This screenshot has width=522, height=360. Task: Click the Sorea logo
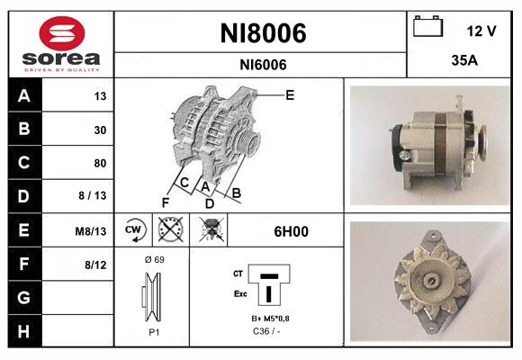coord(60,44)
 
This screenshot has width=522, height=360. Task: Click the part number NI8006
coord(263,33)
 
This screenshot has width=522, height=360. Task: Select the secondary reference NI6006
coord(263,64)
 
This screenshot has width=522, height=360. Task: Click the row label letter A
coord(23,96)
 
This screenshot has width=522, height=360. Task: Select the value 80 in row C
coord(100,163)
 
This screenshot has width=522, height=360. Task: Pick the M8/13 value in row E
coord(92,231)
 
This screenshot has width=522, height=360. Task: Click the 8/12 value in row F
coord(95,265)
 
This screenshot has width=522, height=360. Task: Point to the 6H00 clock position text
coord(291,231)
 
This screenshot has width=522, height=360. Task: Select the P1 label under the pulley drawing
coord(153,331)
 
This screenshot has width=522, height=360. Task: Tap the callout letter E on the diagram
coord(290,94)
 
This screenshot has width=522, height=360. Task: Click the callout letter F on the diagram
coord(166,202)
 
